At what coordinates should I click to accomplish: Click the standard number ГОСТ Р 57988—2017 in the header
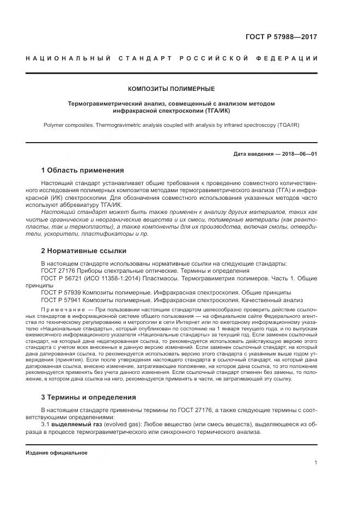tap(282, 38)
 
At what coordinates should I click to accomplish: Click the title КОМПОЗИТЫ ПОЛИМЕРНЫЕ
tap(172, 89)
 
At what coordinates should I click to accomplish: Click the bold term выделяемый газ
tap(82, 423)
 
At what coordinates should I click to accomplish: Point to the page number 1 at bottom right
tap(315, 463)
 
